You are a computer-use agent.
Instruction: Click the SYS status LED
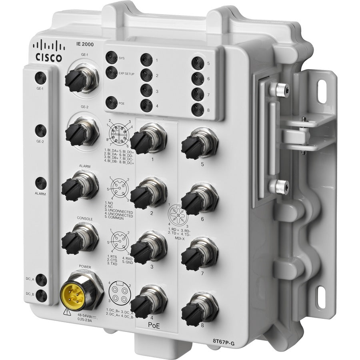(x=111, y=57)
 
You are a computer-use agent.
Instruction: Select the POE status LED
(x=112, y=102)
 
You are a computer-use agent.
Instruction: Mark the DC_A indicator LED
(x=40, y=281)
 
